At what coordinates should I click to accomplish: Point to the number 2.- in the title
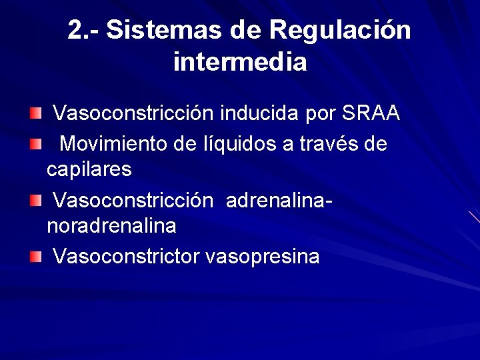click(83, 30)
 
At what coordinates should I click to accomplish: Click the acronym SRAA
click(371, 113)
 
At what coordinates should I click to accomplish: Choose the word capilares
click(89, 170)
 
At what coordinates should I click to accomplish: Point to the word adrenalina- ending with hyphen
click(280, 200)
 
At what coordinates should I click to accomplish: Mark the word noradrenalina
click(111, 227)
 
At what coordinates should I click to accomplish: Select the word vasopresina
click(263, 257)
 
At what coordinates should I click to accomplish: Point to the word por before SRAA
click(320, 115)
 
